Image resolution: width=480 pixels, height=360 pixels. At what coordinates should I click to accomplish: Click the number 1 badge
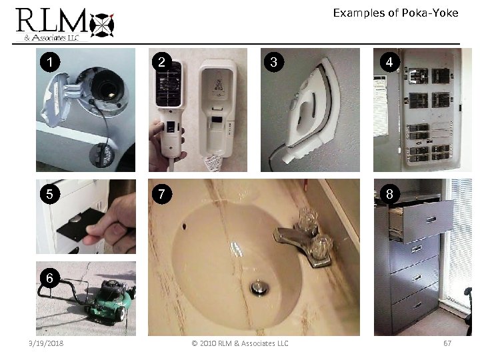[47, 63]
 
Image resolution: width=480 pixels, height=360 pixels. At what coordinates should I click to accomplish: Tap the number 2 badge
[160, 63]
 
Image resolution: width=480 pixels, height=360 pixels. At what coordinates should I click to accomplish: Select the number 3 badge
[271, 63]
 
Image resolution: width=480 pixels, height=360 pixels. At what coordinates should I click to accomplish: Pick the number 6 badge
[47, 277]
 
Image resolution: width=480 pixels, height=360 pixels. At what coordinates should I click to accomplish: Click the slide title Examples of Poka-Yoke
[395, 13]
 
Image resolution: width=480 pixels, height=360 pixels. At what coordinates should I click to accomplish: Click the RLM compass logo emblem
[103, 23]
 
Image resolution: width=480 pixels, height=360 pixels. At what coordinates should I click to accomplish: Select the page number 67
[447, 343]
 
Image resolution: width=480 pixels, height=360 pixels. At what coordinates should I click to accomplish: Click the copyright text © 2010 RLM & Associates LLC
[240, 343]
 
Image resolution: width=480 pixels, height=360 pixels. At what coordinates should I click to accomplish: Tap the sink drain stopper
[258, 287]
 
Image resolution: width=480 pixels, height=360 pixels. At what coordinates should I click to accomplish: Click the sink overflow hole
[183, 225]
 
